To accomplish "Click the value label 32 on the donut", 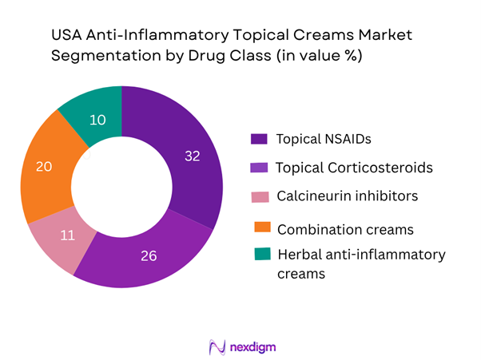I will tap(192, 156).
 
